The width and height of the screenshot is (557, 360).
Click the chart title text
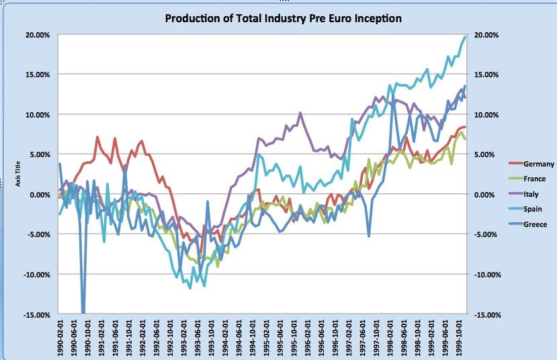[283, 18]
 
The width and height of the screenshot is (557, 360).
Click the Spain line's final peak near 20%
[464, 38]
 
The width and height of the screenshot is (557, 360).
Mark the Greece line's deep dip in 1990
[83, 310]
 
